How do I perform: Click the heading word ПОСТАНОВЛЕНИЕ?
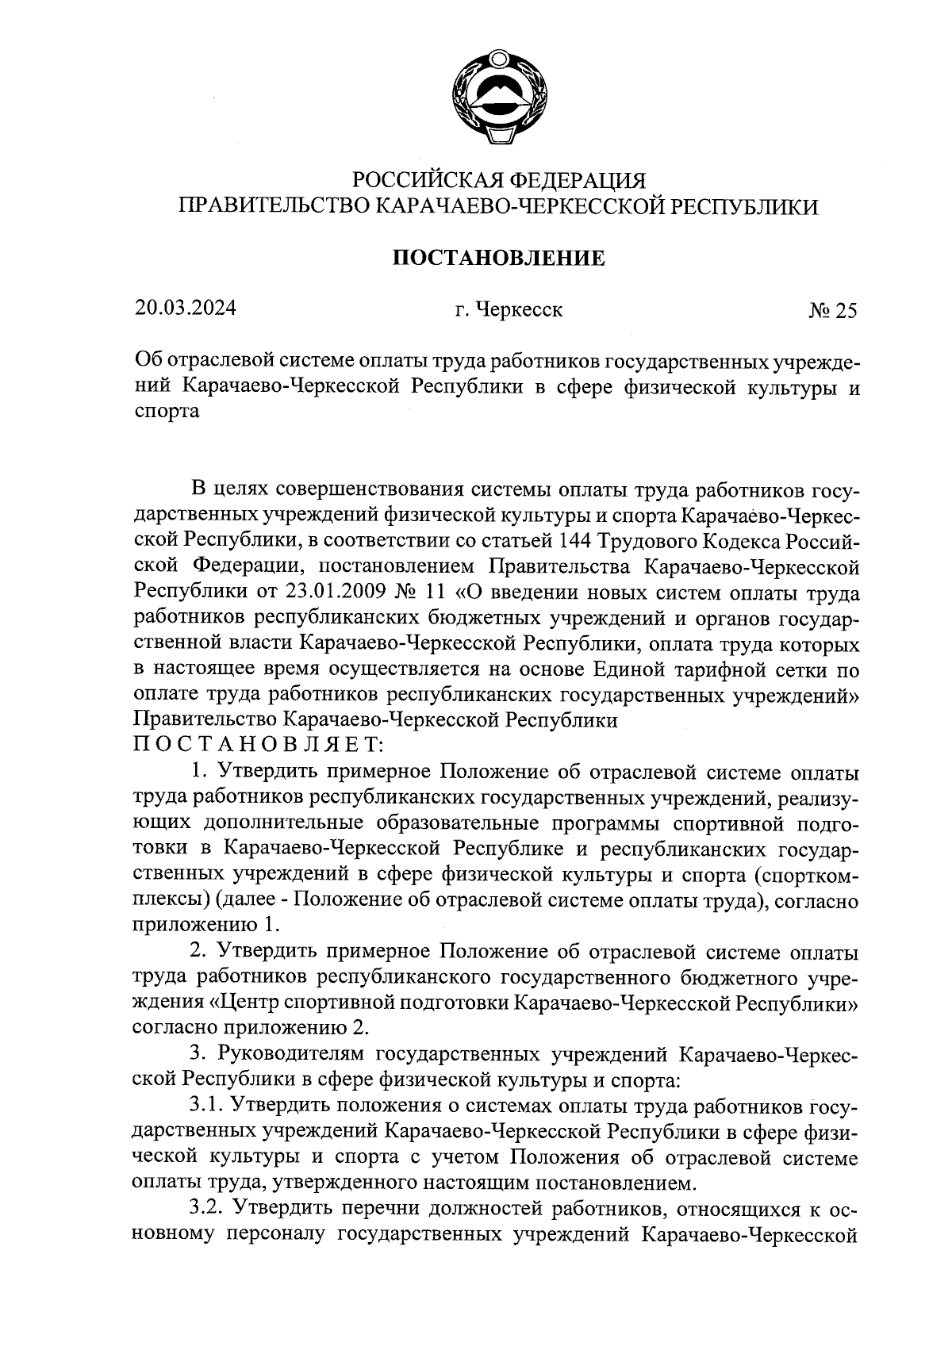[499, 258]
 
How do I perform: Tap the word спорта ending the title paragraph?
[167, 413]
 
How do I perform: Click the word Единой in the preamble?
[627, 669]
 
